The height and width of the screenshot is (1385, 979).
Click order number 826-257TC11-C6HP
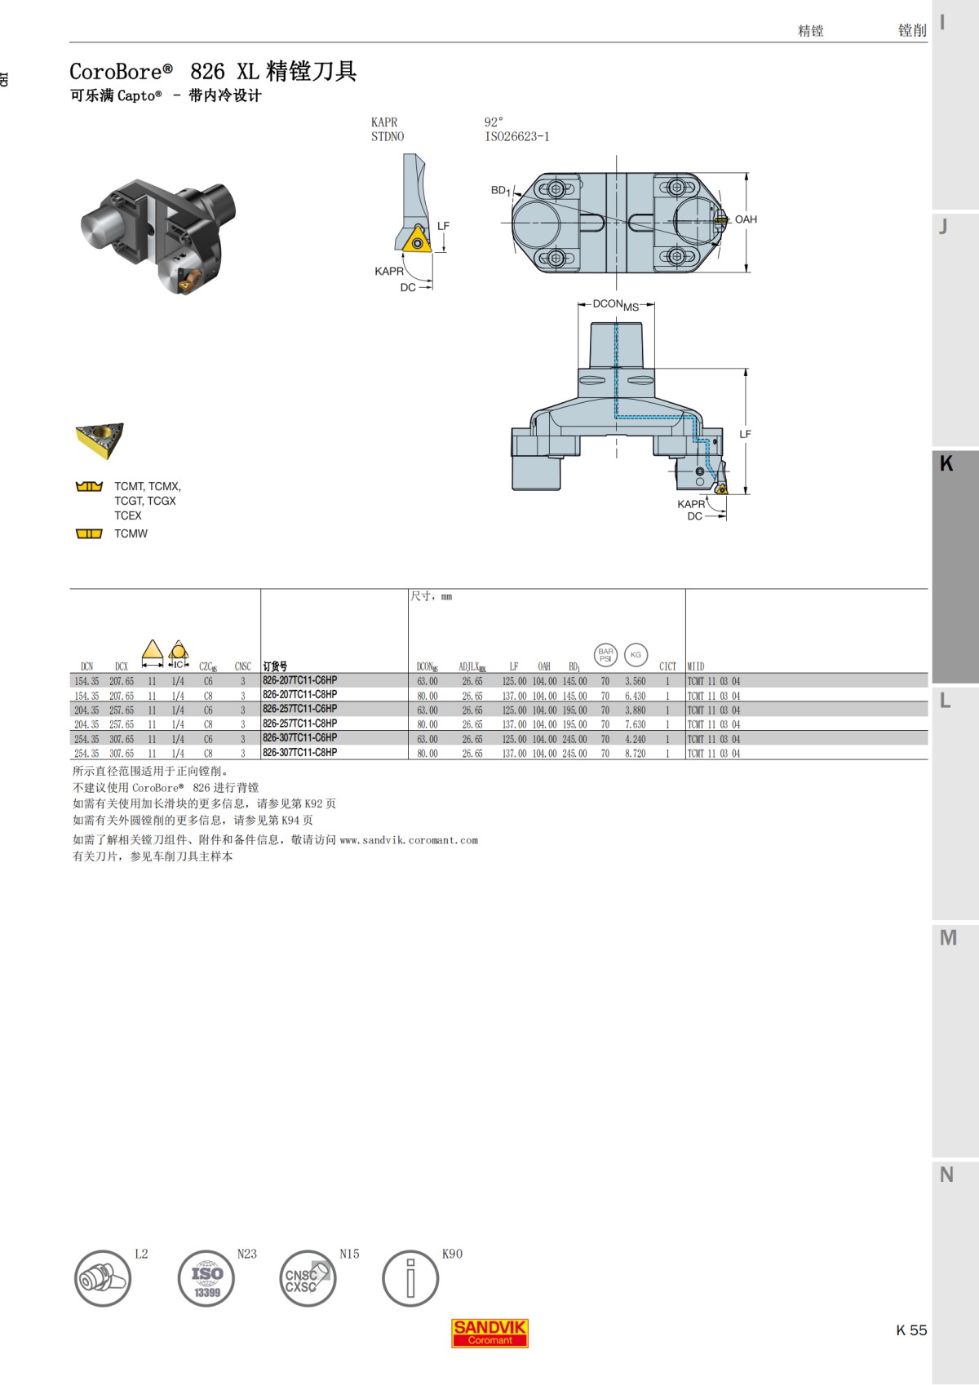(x=299, y=709)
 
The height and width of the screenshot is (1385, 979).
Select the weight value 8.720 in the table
(x=635, y=754)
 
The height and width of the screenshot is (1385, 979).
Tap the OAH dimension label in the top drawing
(x=746, y=219)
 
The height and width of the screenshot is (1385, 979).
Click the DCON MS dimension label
(x=615, y=304)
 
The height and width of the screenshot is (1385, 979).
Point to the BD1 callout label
(x=500, y=190)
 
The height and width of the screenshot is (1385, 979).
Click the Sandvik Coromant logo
(x=489, y=1333)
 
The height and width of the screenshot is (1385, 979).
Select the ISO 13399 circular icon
(x=206, y=1279)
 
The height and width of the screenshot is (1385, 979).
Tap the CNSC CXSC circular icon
(x=308, y=1279)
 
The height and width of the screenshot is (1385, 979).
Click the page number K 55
(x=911, y=1330)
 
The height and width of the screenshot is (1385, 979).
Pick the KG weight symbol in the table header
(x=636, y=654)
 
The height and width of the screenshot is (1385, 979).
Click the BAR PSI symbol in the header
(x=605, y=654)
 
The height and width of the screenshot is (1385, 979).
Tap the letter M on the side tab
(x=948, y=938)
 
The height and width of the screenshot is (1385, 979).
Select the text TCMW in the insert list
(x=131, y=533)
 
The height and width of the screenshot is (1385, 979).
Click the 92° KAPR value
(x=494, y=122)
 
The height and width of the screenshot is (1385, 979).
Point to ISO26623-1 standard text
(x=516, y=137)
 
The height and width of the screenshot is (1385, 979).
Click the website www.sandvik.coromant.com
(x=409, y=840)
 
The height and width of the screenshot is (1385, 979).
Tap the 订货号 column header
(x=275, y=666)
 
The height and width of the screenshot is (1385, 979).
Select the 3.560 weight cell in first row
(x=635, y=681)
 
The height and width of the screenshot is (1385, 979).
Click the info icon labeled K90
(x=410, y=1279)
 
